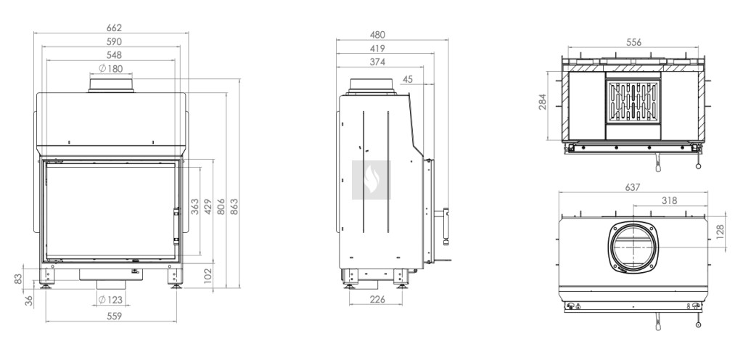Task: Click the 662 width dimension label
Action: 114,28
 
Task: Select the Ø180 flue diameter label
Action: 111,69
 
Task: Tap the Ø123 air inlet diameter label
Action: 110,299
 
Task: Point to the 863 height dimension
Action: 234,207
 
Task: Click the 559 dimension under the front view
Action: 114,316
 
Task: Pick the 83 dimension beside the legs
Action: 18,279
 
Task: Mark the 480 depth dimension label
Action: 377,35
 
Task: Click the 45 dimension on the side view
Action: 408,79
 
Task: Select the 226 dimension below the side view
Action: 377,299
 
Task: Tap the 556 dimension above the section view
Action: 633,42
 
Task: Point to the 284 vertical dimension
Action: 543,102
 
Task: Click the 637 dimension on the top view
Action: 633,187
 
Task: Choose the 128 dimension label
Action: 721,232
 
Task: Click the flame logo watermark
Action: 371,180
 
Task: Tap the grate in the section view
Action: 633,102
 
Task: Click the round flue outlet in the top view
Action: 633,247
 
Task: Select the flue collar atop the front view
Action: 111,85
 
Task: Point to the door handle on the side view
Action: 446,226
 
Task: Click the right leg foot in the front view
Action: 176,285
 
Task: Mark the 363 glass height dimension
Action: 194,207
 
